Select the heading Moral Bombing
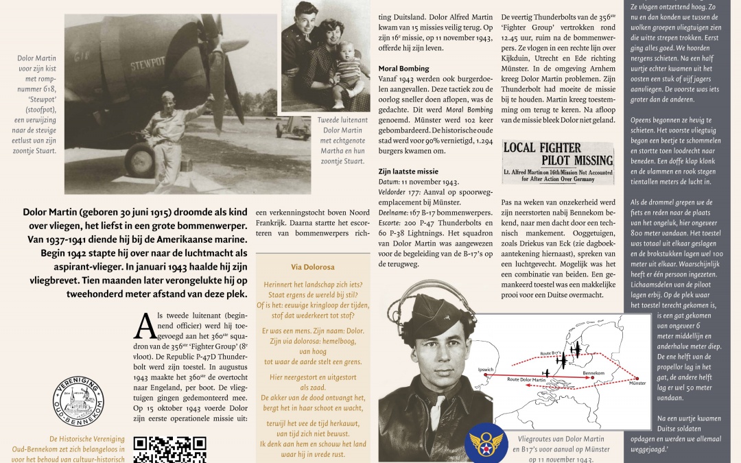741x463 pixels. (403, 69)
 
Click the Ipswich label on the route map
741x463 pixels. (485, 369)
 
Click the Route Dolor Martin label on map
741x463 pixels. (527, 379)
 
